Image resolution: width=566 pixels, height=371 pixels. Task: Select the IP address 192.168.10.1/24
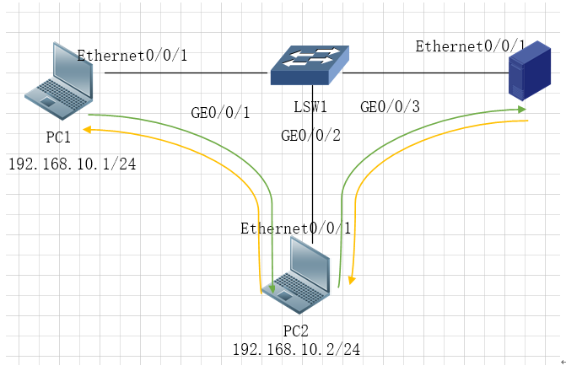point(73,162)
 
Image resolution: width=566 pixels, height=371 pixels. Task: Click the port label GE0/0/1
point(222,114)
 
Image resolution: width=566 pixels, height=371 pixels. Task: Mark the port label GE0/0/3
point(389,107)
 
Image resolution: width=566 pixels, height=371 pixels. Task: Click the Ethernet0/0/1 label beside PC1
point(132,56)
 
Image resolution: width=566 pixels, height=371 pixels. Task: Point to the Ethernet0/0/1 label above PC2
point(295,229)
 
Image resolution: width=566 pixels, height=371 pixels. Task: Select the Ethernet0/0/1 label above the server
point(470,46)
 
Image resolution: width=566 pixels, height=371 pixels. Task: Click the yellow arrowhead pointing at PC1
point(86,130)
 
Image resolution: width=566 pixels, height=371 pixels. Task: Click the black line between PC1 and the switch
point(186,73)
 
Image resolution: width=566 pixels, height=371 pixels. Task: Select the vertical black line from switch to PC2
point(313,169)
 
